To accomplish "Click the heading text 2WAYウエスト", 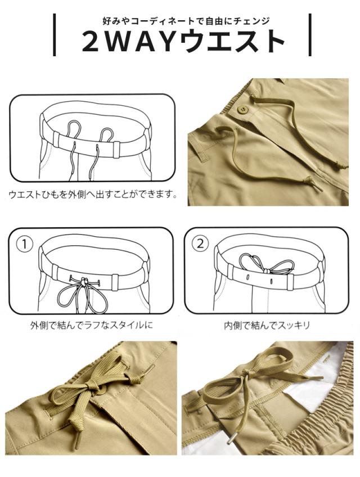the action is [183, 42].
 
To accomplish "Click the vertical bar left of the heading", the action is [54, 35].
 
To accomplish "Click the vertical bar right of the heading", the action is [310, 35].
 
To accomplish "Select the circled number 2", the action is [200, 244].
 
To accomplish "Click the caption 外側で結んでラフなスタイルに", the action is [91, 326].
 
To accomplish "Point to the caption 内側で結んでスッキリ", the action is [267, 326].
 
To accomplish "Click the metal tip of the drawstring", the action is [231, 438].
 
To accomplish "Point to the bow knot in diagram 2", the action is [267, 270].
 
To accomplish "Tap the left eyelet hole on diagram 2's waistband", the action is [248, 278].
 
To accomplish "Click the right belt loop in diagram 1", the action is [115, 282].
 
